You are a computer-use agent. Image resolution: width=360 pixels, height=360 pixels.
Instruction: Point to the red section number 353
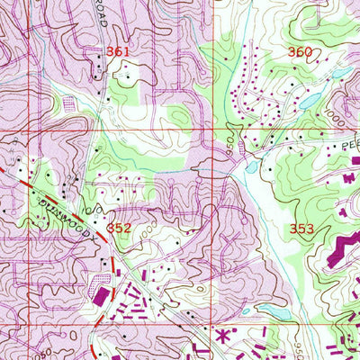tap(302, 229)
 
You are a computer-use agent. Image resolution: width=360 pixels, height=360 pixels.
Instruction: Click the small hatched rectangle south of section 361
tap(70, 103)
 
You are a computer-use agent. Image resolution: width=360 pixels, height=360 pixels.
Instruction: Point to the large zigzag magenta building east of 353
tap(340, 247)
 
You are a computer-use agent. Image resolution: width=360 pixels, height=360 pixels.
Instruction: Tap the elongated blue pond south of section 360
tap(309, 102)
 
